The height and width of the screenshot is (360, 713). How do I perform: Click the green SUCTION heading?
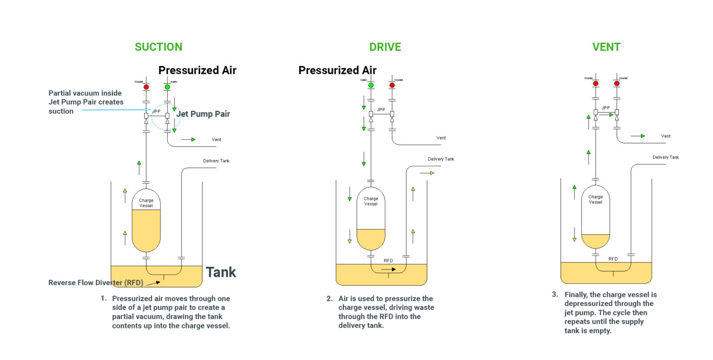pyautogui.click(x=158, y=47)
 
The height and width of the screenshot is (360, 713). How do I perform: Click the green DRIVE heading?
pyautogui.click(x=385, y=47)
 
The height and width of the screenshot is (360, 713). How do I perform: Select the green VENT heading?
pyautogui.click(x=606, y=47)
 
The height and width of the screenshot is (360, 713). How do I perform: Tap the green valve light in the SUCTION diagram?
pyautogui.click(x=168, y=87)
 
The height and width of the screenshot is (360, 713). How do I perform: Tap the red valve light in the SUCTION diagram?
pyautogui.click(x=146, y=87)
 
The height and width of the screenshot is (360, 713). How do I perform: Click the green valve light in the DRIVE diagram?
pyautogui.click(x=371, y=85)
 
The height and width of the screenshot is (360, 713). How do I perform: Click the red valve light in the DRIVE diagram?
pyautogui.click(x=392, y=85)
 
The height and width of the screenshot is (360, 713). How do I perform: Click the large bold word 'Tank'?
pyautogui.click(x=220, y=272)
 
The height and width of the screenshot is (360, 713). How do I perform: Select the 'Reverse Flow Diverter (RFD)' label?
pyautogui.click(x=96, y=283)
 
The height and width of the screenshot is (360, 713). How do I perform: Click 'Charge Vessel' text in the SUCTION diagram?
pyautogui.click(x=146, y=203)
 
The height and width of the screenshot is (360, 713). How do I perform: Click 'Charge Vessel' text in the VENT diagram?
pyautogui.click(x=596, y=199)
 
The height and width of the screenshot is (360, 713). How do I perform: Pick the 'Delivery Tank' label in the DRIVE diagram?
pyautogui.click(x=441, y=159)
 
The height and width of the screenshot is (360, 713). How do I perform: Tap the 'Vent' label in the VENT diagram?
pyautogui.click(x=665, y=136)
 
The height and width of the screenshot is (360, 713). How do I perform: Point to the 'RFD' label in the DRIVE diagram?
pyautogui.click(x=388, y=261)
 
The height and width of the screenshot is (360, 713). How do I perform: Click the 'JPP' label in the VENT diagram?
pyautogui.click(x=606, y=108)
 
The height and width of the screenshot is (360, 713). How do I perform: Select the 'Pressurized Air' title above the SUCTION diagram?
pyautogui.click(x=197, y=71)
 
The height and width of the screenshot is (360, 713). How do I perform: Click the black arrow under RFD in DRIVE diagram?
pyautogui.click(x=389, y=269)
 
